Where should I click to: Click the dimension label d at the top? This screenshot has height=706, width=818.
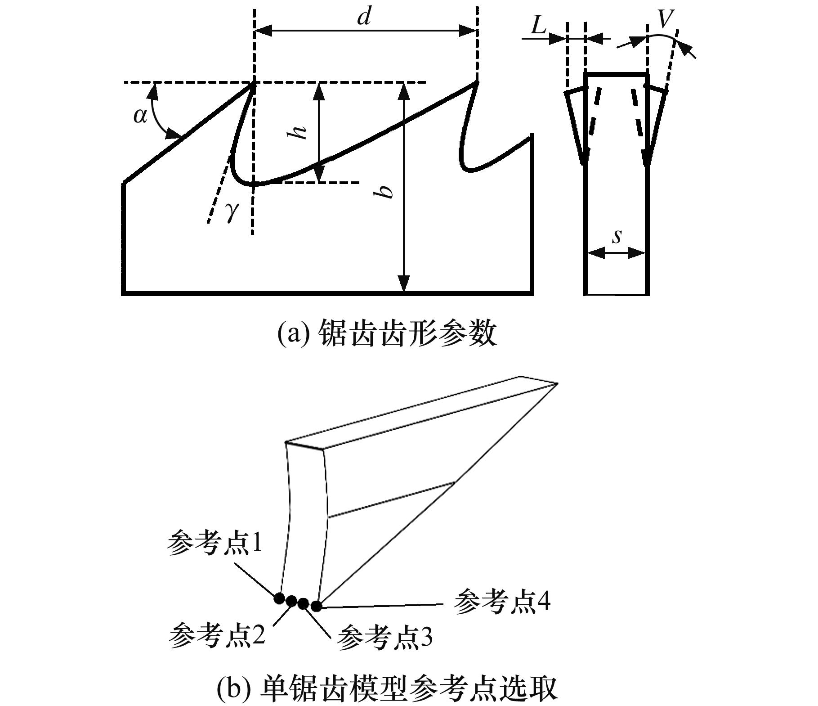[364, 18]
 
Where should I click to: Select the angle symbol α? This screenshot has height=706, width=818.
[140, 116]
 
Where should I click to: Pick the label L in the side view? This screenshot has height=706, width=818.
[538, 26]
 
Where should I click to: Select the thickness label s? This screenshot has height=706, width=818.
[617, 235]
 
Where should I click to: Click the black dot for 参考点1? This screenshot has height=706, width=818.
[279, 598]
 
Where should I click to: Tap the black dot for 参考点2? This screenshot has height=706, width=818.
[291, 601]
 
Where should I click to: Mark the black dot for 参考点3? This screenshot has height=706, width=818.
[303, 603]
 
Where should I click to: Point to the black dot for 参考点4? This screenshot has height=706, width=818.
[316, 606]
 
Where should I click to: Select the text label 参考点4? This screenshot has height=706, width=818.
[502, 602]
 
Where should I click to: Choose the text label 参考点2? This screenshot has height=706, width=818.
[217, 635]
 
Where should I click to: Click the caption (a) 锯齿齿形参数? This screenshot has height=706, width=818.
[387, 333]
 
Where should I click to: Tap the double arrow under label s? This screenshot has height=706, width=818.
[617, 254]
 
